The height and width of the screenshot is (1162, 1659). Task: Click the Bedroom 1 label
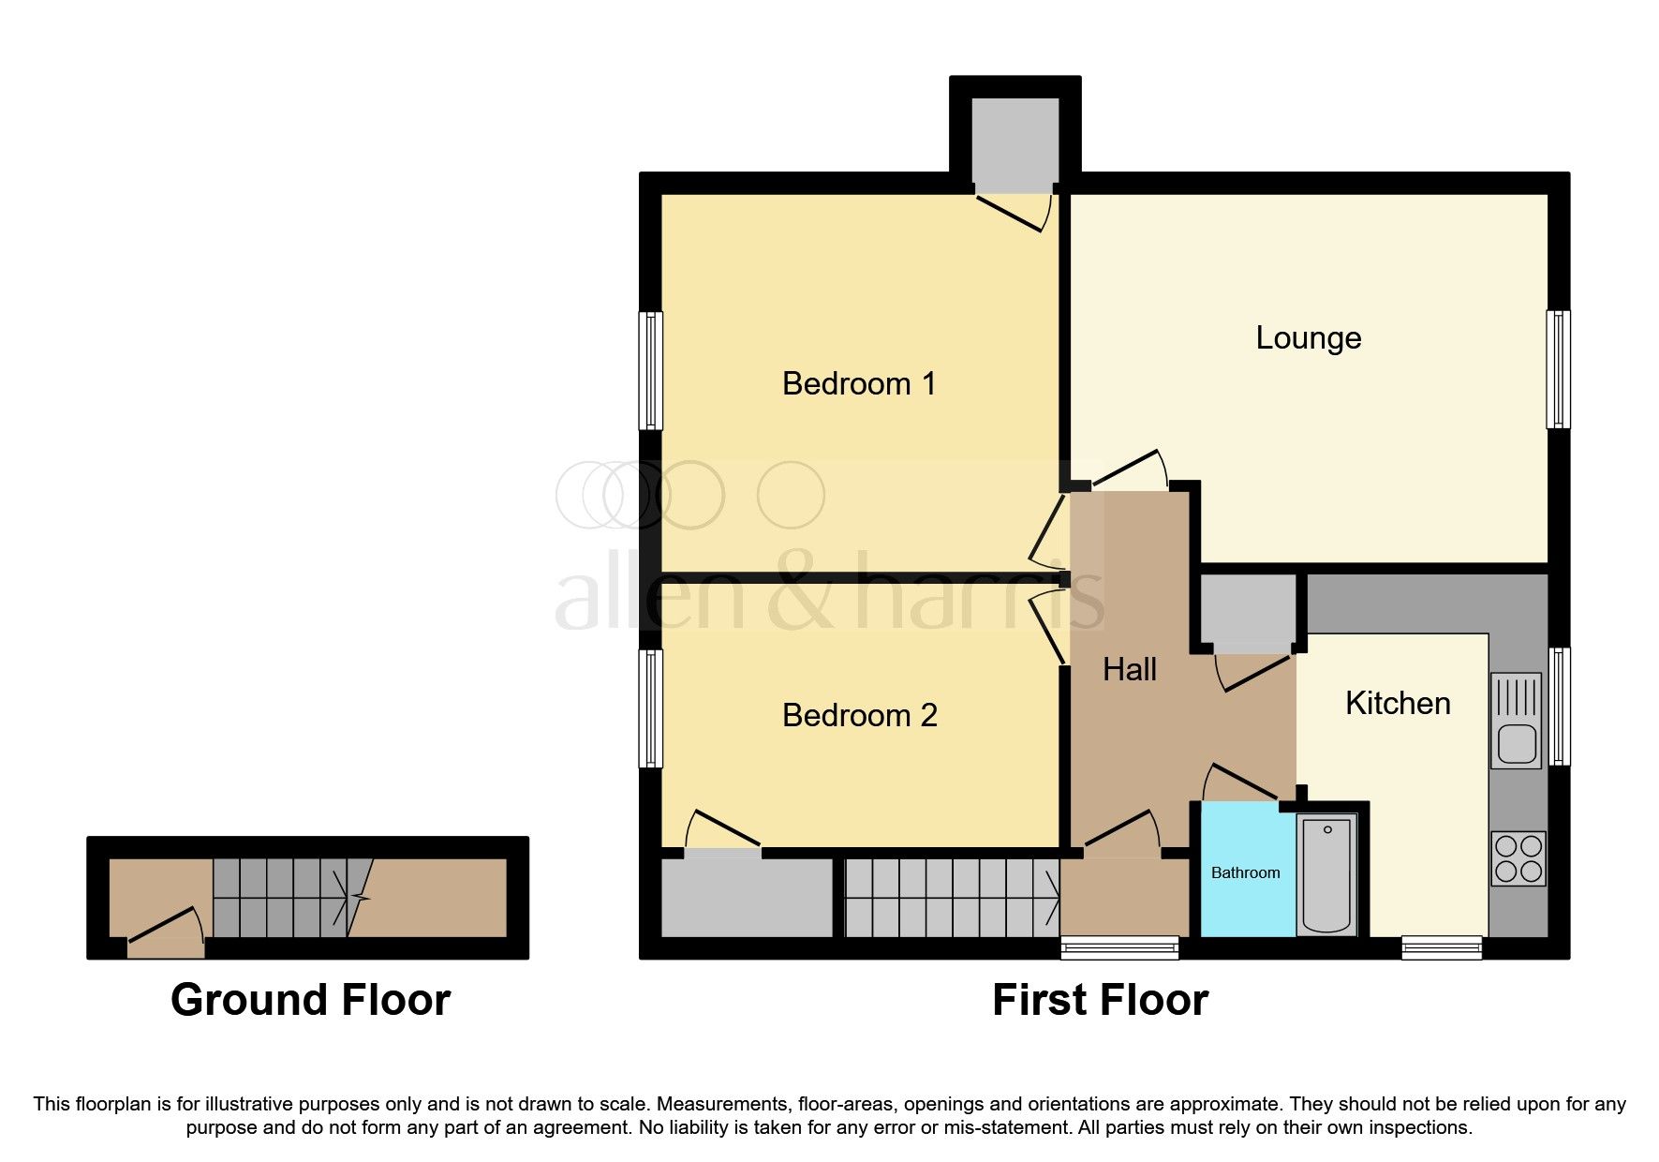click(x=859, y=383)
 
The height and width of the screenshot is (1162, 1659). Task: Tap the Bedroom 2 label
click(x=859, y=715)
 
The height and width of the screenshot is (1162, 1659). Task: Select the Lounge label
click(x=1308, y=337)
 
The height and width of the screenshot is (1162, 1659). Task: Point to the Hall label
click(x=1129, y=669)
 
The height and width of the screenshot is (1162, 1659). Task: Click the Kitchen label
click(x=1397, y=703)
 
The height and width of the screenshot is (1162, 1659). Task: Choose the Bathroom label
click(x=1245, y=872)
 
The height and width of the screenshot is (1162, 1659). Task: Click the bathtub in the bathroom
click(x=1326, y=874)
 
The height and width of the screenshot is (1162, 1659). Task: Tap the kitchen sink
click(x=1515, y=720)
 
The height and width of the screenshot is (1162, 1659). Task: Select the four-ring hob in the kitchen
click(x=1518, y=858)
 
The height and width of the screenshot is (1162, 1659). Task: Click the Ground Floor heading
click(x=310, y=1000)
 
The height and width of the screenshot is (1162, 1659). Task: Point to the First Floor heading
click(x=1100, y=1000)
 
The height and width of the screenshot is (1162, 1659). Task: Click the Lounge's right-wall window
click(x=1558, y=369)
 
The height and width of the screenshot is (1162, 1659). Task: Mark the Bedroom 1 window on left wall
click(x=650, y=370)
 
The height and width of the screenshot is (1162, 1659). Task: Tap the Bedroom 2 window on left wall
click(x=650, y=708)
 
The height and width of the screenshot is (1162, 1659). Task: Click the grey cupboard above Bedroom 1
click(x=1015, y=143)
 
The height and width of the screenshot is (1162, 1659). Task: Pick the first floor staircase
click(x=952, y=899)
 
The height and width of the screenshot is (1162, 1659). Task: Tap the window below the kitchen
click(x=1441, y=947)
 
